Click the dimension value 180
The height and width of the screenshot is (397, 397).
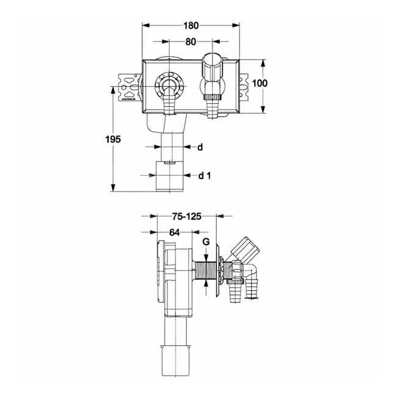click(191, 26)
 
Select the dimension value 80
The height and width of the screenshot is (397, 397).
click(191, 42)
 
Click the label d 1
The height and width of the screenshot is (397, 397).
click(205, 176)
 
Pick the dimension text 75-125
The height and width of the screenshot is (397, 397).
click(186, 216)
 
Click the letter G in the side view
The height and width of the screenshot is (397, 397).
click(206, 242)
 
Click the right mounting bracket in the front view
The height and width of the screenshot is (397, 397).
click(246, 87)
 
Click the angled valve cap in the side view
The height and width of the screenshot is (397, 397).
click(244, 247)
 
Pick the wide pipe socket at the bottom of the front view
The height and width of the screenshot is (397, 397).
click(169, 176)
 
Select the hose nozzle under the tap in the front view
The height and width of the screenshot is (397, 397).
click(213, 109)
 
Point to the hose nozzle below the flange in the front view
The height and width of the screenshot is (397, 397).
click(169, 107)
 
